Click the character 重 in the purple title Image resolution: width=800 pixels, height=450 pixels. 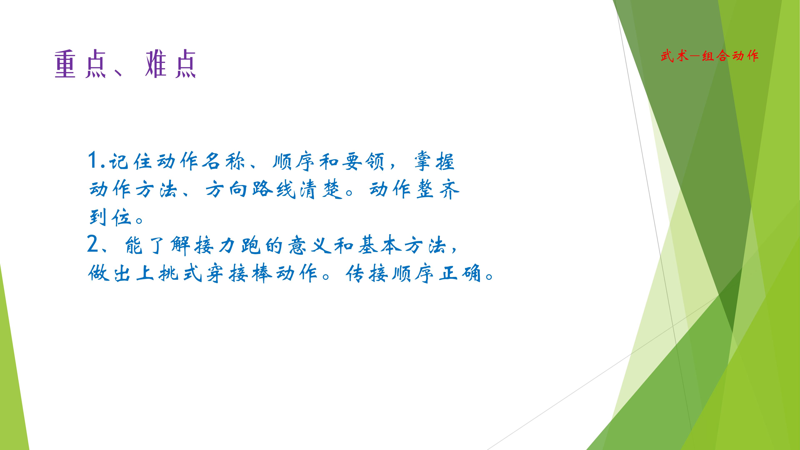tap(66, 64)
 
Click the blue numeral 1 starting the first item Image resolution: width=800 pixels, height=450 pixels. tap(93, 161)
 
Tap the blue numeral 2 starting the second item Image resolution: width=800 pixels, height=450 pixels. tap(93, 244)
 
